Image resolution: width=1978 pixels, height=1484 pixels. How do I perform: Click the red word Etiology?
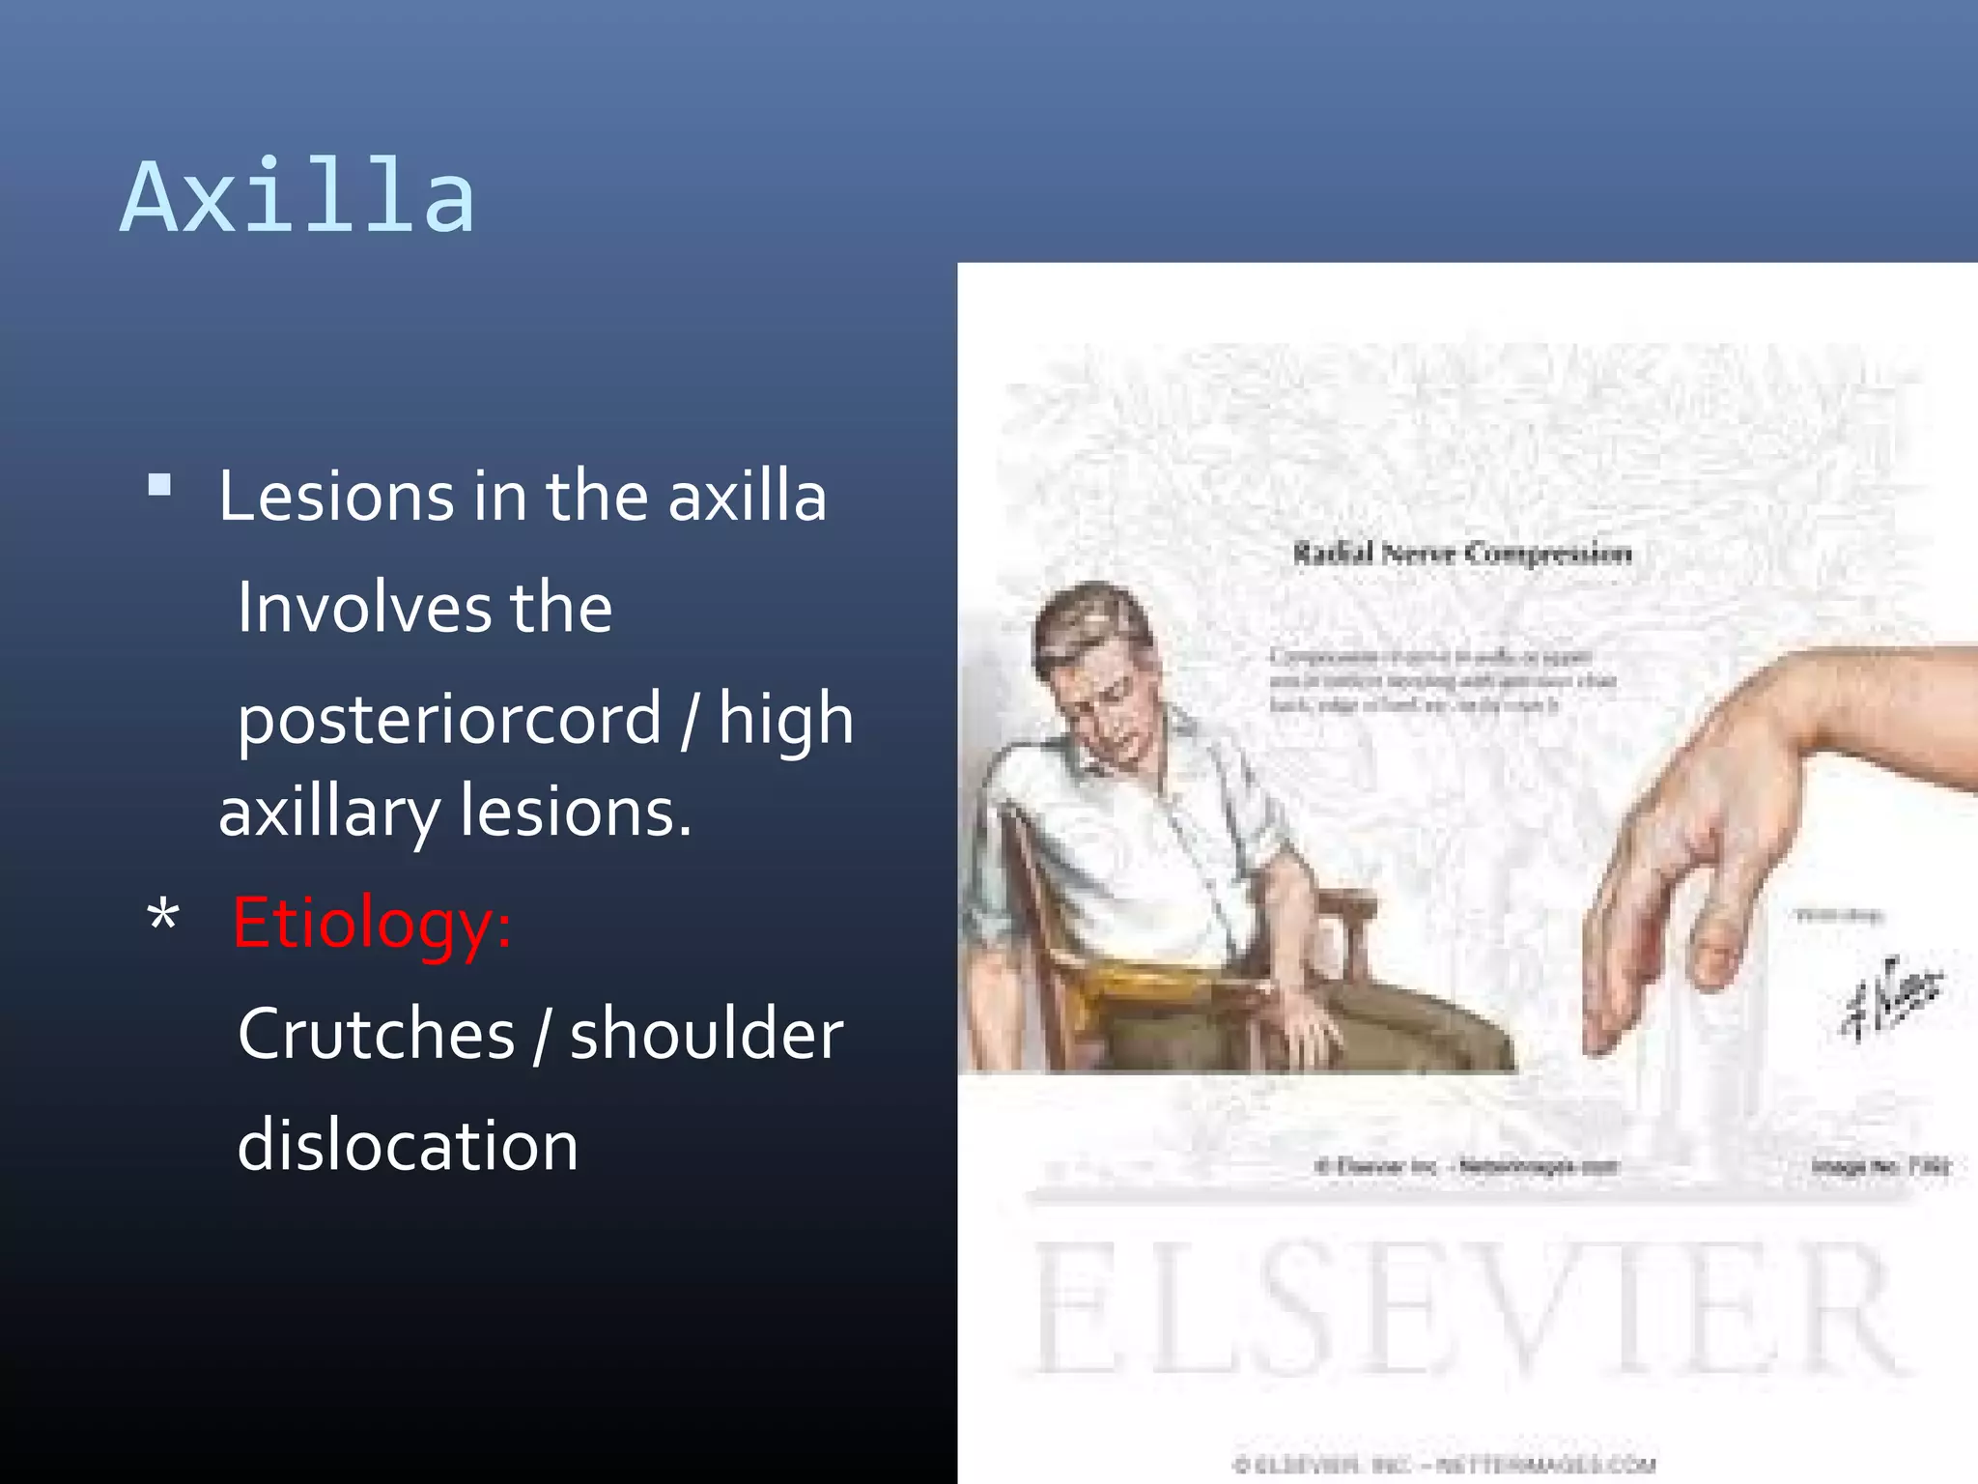click(371, 923)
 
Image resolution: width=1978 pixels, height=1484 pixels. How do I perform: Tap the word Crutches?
click(376, 1034)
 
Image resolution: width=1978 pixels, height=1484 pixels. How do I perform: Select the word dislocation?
click(408, 1145)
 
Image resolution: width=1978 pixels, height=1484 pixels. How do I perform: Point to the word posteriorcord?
click(449, 720)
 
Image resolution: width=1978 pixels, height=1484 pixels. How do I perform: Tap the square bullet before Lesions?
click(160, 484)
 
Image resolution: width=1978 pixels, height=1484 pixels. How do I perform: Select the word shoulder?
click(706, 1034)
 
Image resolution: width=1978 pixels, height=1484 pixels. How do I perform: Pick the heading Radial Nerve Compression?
click(1462, 554)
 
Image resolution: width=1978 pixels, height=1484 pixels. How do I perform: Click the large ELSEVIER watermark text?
click(1463, 1309)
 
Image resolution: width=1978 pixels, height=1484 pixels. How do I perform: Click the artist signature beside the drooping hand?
click(1891, 998)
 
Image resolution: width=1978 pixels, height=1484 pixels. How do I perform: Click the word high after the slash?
click(785, 720)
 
